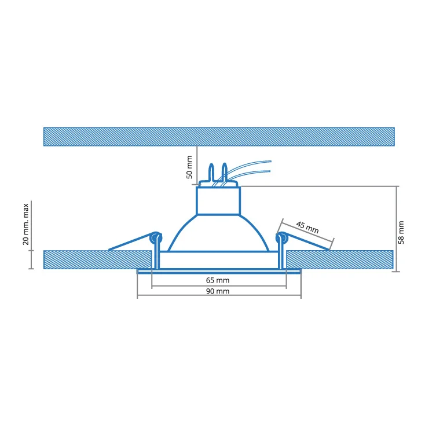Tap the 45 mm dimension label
307,227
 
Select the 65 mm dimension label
218,280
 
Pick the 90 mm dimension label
218,291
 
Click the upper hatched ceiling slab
219,136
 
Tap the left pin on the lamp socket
211,173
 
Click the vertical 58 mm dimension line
397,229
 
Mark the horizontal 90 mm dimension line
219,297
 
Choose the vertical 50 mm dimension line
197,165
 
